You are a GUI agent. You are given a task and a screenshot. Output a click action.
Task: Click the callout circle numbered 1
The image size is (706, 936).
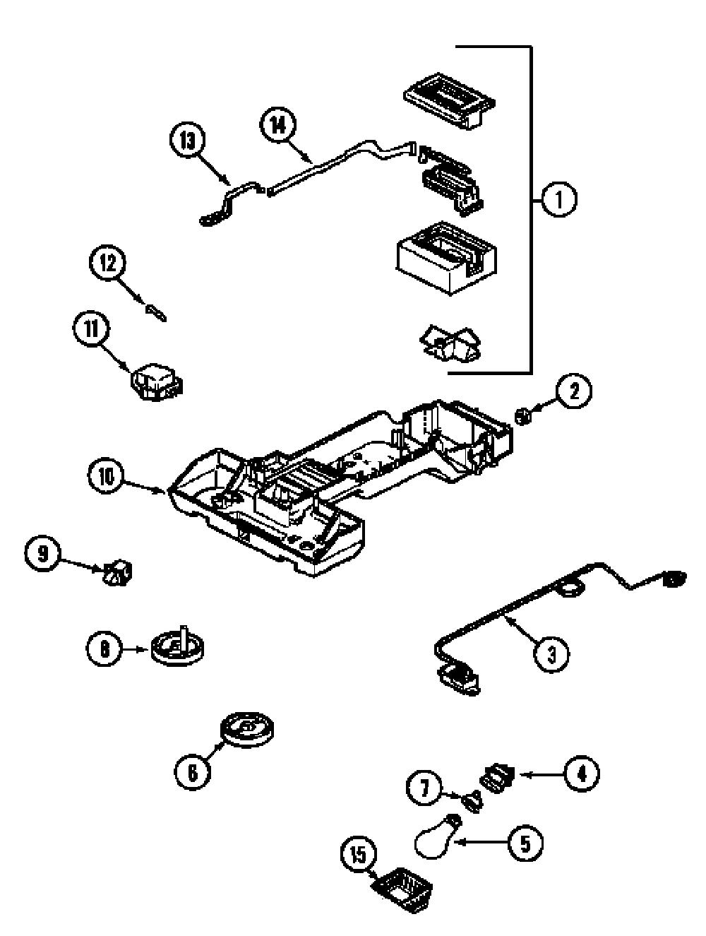558,200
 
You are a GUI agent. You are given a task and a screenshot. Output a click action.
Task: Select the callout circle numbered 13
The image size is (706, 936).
187,141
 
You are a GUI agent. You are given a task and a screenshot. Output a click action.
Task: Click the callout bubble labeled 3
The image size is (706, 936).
551,655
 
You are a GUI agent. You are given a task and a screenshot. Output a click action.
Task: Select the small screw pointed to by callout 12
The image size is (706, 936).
155,313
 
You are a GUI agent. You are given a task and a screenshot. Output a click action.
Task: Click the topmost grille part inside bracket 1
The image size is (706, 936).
449,100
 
